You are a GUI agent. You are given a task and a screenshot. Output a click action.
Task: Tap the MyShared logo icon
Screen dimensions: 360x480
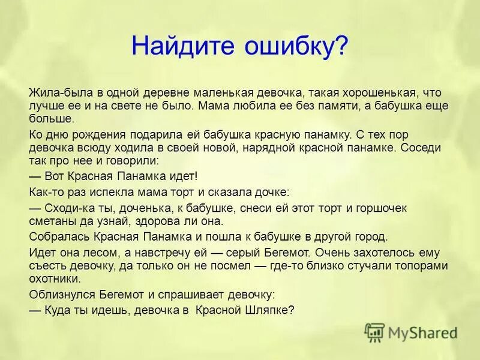click(x=374, y=331)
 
